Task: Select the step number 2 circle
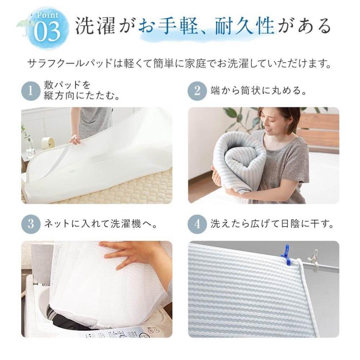(x=198, y=91)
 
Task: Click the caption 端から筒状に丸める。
(x=259, y=91)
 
